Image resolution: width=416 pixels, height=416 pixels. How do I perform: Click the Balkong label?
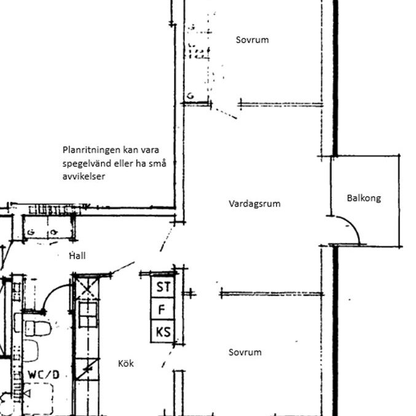364,198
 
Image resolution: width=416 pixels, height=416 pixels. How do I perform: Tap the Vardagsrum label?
254,203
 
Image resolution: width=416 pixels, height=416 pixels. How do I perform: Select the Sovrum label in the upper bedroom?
252,40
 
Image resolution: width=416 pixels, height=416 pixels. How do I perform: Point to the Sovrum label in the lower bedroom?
245,352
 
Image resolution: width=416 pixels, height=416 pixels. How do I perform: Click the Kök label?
125,364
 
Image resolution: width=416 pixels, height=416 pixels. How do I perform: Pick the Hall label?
77,256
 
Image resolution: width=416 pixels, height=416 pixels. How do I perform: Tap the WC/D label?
43,374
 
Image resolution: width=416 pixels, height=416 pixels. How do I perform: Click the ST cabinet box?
163,287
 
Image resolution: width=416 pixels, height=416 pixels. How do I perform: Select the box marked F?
162,310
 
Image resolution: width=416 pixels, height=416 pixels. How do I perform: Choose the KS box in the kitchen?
163,332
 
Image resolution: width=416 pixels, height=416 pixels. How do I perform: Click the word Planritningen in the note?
88,149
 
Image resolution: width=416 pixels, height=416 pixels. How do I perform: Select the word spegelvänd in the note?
87,163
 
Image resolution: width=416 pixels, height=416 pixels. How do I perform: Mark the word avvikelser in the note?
84,176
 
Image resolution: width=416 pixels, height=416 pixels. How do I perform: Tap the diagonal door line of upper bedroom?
225,112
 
